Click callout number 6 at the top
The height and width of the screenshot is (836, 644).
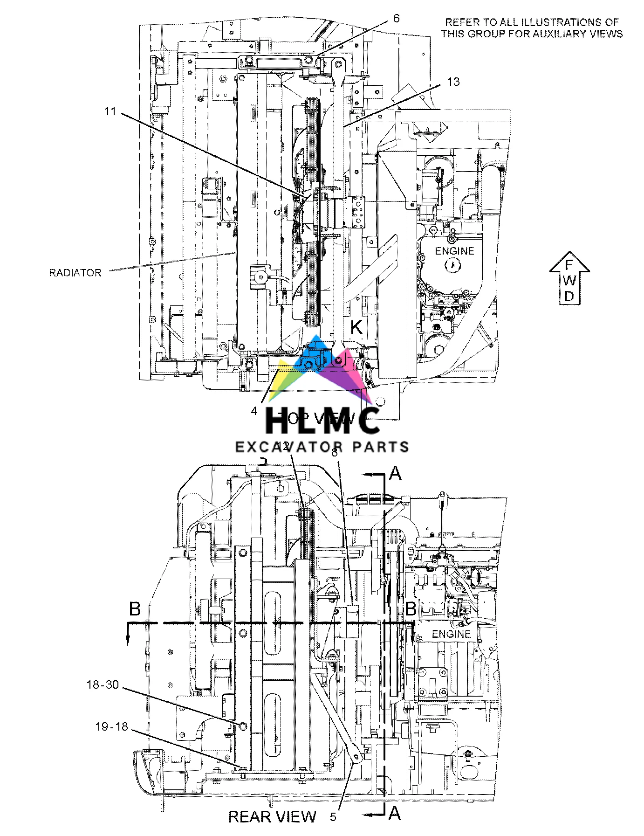pyautogui.click(x=396, y=19)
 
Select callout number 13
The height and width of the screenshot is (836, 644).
pyautogui.click(x=453, y=82)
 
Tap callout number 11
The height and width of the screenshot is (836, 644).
pyautogui.click(x=110, y=112)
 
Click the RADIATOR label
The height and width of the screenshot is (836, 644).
pyautogui.click(x=75, y=273)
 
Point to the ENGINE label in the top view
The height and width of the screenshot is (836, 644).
pyautogui.click(x=454, y=251)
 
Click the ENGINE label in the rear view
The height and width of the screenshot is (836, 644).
pyautogui.click(x=451, y=634)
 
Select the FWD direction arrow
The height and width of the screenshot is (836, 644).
pyautogui.click(x=569, y=278)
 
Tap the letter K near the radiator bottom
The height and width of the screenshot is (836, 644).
pyautogui.click(x=356, y=327)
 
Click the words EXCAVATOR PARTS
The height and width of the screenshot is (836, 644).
pyautogui.click(x=322, y=447)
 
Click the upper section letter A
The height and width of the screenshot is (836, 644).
pyautogui.click(x=395, y=474)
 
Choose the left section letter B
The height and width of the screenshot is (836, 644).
pyautogui.click(x=135, y=609)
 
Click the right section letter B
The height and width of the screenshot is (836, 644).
pyautogui.click(x=411, y=609)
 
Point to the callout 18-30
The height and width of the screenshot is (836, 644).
pyautogui.click(x=103, y=685)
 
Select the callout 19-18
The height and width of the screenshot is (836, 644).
pyautogui.click(x=111, y=726)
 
